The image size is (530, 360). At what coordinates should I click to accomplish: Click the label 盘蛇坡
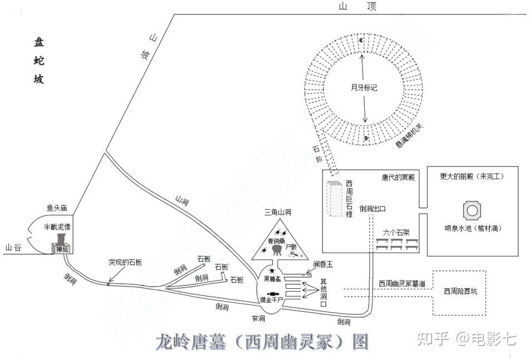(39, 61)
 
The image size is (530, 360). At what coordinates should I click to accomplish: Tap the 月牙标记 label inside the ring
(364, 88)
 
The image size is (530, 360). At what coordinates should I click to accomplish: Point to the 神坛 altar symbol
(61, 249)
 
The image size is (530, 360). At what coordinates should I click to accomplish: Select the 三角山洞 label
(278, 212)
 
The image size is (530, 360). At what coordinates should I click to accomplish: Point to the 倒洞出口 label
(373, 209)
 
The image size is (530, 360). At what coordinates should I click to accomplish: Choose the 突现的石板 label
(125, 262)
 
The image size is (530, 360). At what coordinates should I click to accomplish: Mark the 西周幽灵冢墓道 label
(402, 284)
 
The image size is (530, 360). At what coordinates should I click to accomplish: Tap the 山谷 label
(13, 248)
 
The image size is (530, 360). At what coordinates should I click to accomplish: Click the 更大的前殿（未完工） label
(472, 176)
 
